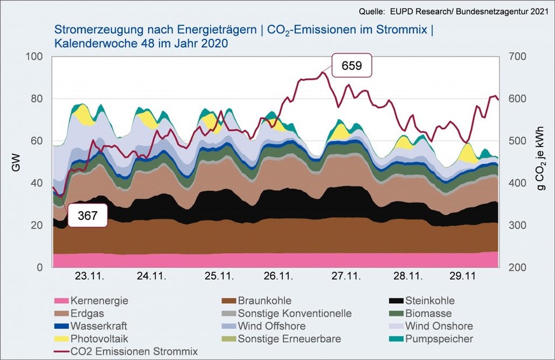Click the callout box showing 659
[351, 66]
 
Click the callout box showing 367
[88, 216]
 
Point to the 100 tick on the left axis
[34, 57]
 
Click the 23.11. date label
[89, 277]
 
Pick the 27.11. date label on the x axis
[346, 277]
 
